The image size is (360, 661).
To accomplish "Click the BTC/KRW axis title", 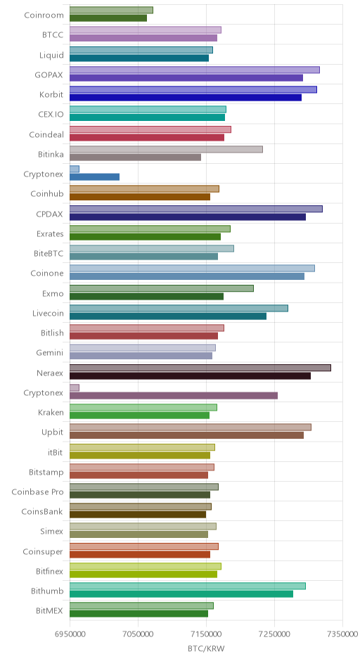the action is tap(207, 648).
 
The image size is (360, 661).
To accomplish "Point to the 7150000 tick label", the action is tap(206, 634).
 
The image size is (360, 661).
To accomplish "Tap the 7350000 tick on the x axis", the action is tap(342, 634).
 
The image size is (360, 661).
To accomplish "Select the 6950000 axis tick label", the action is tap(70, 634).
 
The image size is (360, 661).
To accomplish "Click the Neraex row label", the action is tap(50, 373).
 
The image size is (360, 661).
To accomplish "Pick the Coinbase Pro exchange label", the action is tap(37, 492).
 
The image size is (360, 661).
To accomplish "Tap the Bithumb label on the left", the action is tap(47, 591).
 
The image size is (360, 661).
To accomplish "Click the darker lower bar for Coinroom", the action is tap(108, 18).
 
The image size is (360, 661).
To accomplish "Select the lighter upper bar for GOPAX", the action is tap(195, 70).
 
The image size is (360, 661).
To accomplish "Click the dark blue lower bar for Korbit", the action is tap(186, 97).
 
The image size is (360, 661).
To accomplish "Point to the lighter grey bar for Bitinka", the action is tap(166, 149).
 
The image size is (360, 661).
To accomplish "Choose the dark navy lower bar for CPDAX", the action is tap(188, 217).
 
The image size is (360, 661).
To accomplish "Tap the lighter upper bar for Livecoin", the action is tap(179, 308).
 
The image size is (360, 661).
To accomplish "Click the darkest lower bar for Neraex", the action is tap(190, 376).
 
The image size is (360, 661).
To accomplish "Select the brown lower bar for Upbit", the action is tap(187, 435).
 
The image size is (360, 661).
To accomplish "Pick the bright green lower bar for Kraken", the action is tap(139, 415).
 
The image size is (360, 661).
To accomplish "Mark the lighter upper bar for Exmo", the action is tap(162, 288).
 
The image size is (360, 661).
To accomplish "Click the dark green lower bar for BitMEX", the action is tap(139, 614).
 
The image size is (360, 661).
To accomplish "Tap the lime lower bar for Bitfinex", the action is tap(143, 575).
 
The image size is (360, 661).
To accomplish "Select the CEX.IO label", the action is tap(51, 114).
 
